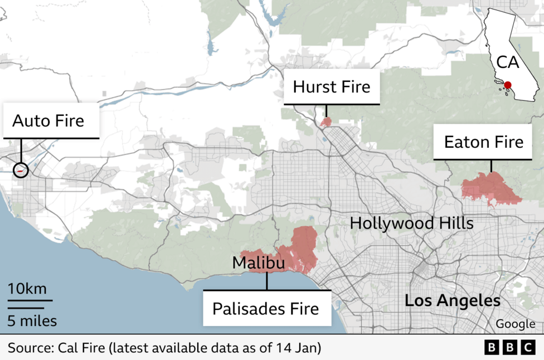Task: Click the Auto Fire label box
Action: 48,120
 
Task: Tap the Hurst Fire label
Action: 332,87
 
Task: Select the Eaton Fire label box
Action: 484,142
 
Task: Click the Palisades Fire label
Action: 266,308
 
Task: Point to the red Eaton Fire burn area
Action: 489,188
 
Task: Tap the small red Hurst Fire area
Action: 326,121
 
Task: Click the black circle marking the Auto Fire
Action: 21,170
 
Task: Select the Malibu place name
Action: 258,262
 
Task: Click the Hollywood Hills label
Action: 411,223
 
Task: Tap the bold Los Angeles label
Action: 452,301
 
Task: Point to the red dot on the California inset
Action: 507,85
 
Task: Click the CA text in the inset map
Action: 507,62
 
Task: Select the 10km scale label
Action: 27,289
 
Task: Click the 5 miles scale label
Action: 32,321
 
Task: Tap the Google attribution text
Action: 514,324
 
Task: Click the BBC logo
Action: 509,348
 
